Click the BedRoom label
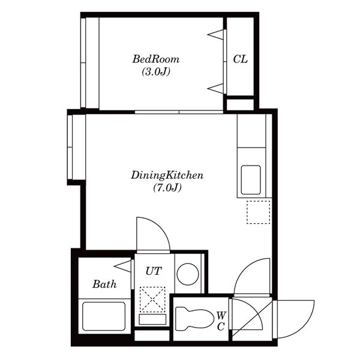[x=156, y=59]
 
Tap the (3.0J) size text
[x=156, y=71]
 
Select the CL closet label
[x=240, y=59]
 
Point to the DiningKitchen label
[x=167, y=175]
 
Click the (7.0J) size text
[x=167, y=188]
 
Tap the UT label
[x=154, y=271]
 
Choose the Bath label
[x=104, y=284]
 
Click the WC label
[x=221, y=321]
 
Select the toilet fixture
[x=194, y=319]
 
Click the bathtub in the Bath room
[x=104, y=316]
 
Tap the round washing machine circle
[x=188, y=274]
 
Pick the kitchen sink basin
[x=251, y=180]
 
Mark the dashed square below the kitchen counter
[x=258, y=212]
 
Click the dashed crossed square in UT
[x=152, y=299]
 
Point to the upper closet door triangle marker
[x=215, y=34]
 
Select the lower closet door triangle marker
[x=215, y=89]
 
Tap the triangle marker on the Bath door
[x=122, y=266]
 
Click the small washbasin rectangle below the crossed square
[x=152, y=319]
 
